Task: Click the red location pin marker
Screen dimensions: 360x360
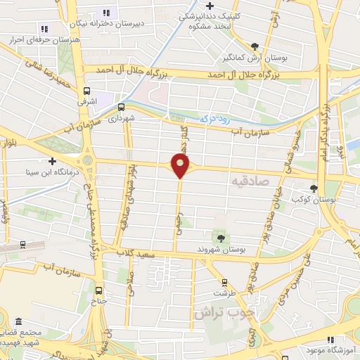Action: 181,166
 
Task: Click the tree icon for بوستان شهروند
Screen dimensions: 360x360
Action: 221,238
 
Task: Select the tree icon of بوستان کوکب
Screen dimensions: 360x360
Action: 314,188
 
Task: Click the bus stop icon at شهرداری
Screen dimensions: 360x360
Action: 122,108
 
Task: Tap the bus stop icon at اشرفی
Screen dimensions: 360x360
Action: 86,91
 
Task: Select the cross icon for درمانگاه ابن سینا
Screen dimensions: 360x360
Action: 52,161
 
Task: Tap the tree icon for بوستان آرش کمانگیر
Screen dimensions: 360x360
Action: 255,46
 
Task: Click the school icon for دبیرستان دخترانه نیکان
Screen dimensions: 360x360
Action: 107,13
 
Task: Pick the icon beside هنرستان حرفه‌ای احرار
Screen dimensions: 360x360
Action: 44,29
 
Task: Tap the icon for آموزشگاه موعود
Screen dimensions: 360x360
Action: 310,349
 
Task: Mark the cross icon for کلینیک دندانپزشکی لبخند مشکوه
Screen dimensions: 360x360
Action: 210,6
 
